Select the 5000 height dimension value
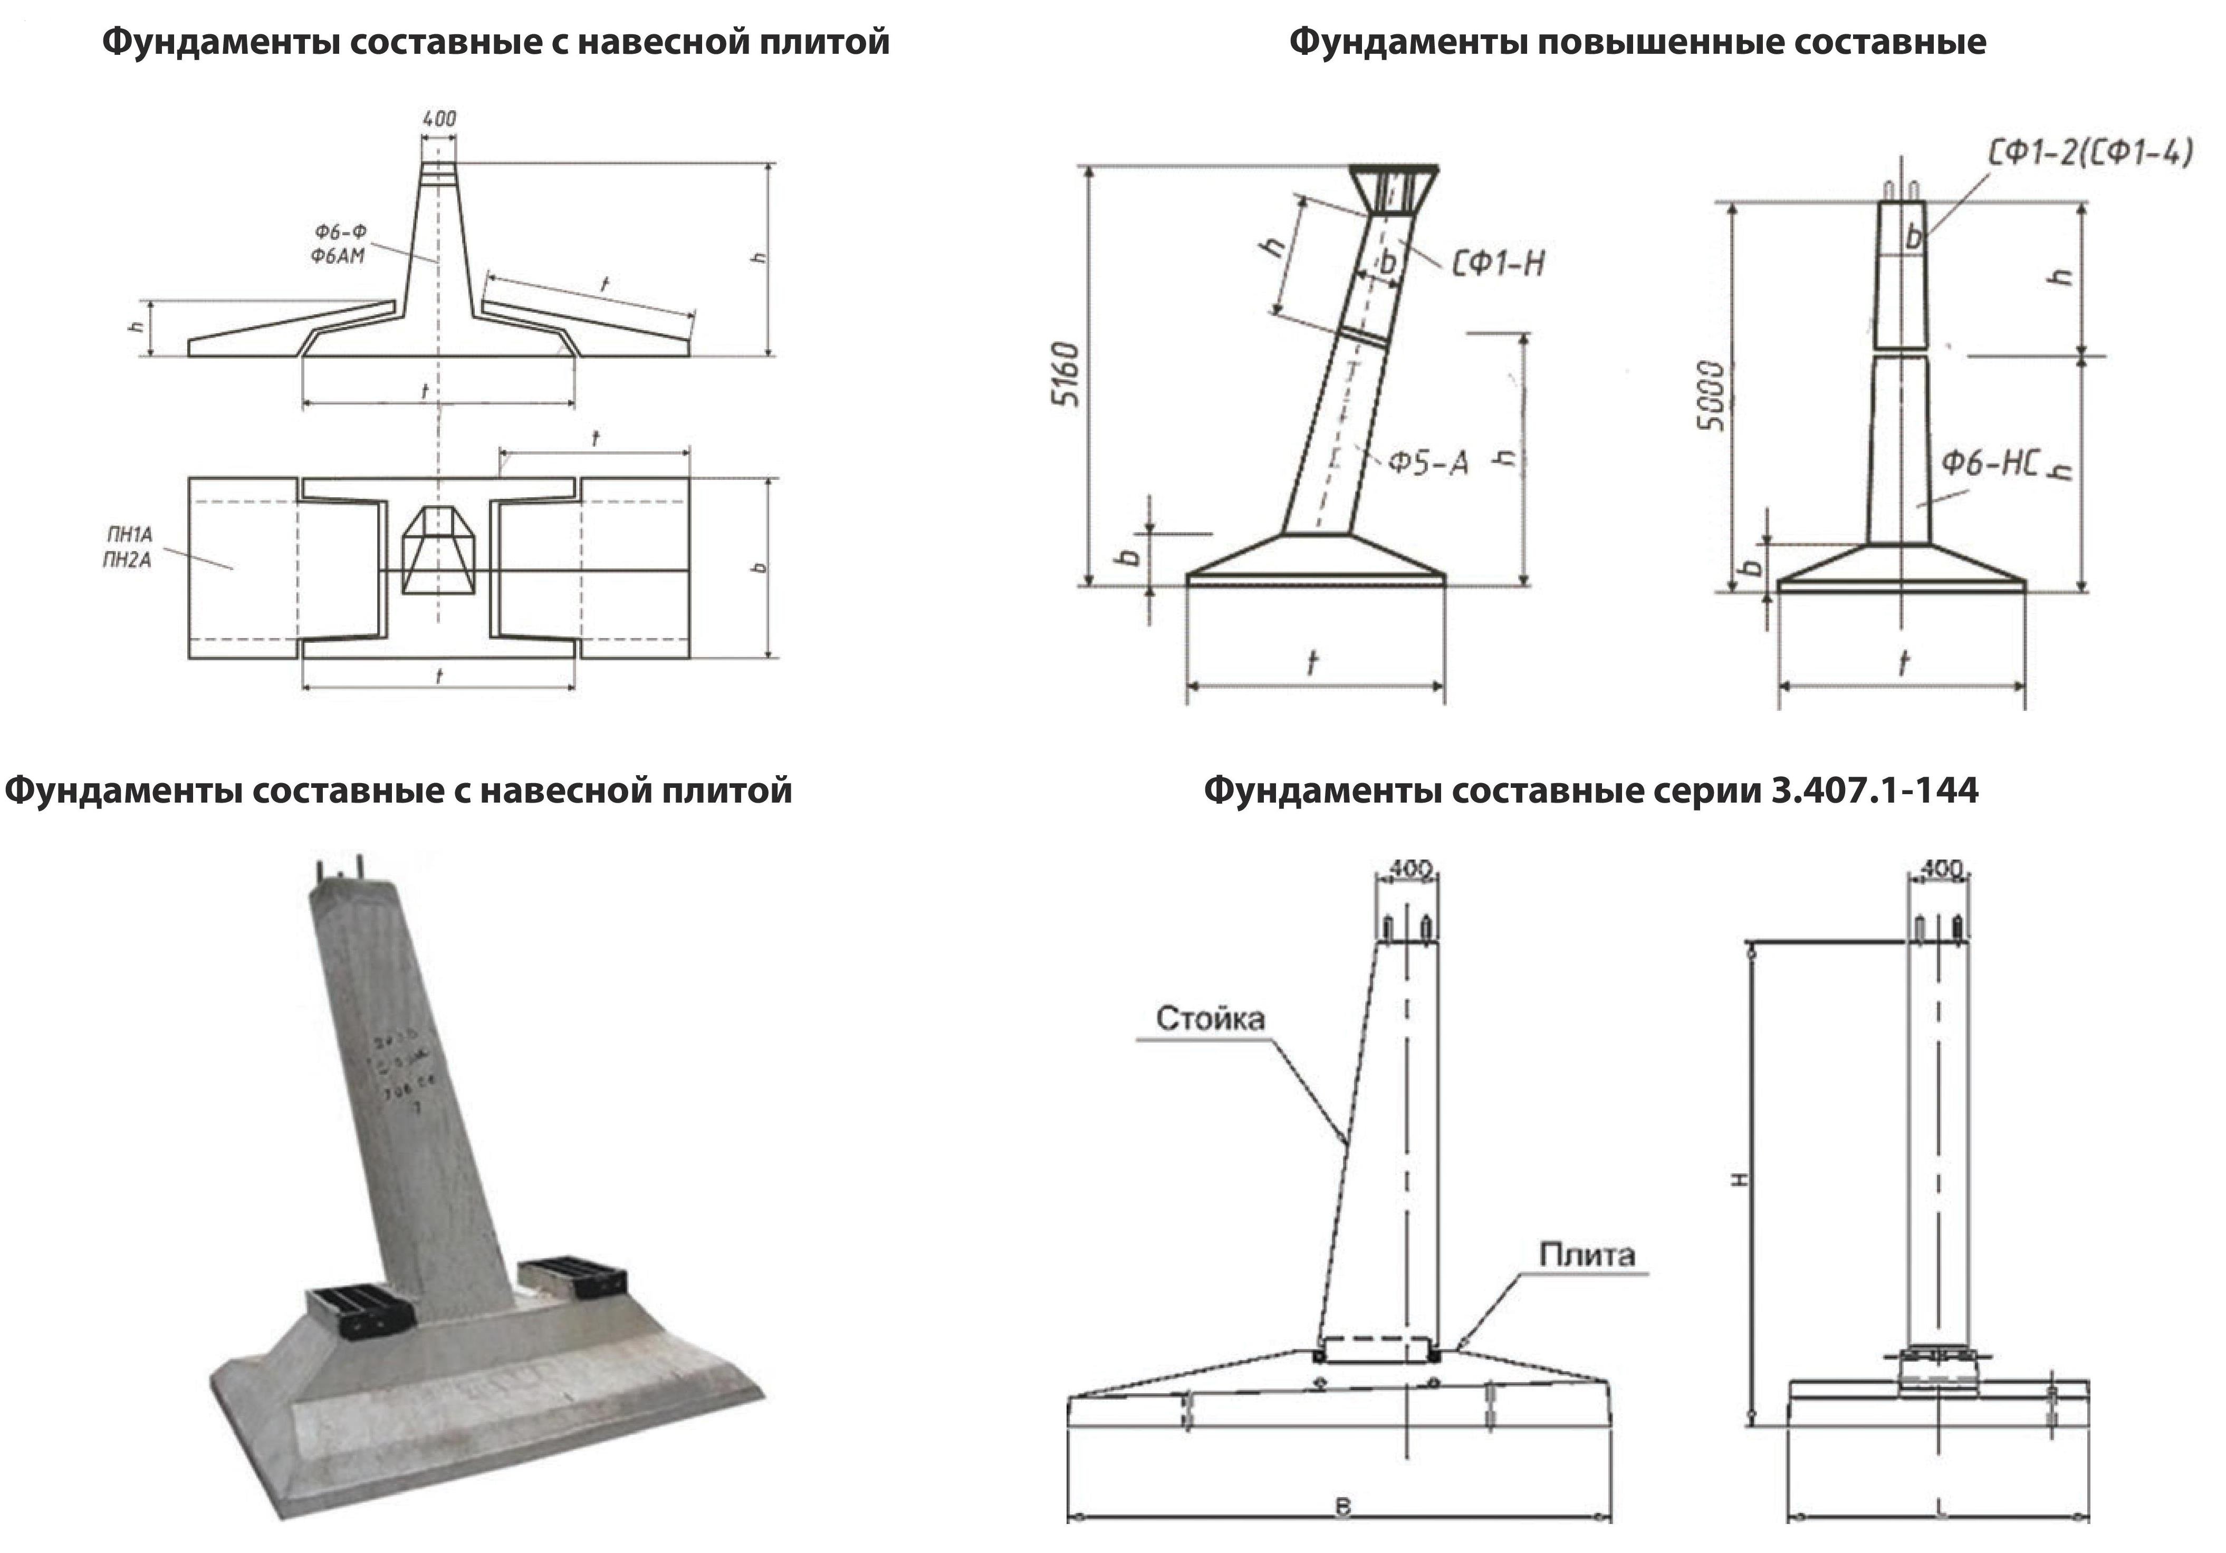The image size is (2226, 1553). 1713,396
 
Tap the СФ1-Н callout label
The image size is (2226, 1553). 1498,263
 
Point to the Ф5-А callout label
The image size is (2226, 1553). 1427,464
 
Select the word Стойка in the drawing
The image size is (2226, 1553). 1210,1018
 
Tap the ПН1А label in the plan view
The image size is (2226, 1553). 129,534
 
